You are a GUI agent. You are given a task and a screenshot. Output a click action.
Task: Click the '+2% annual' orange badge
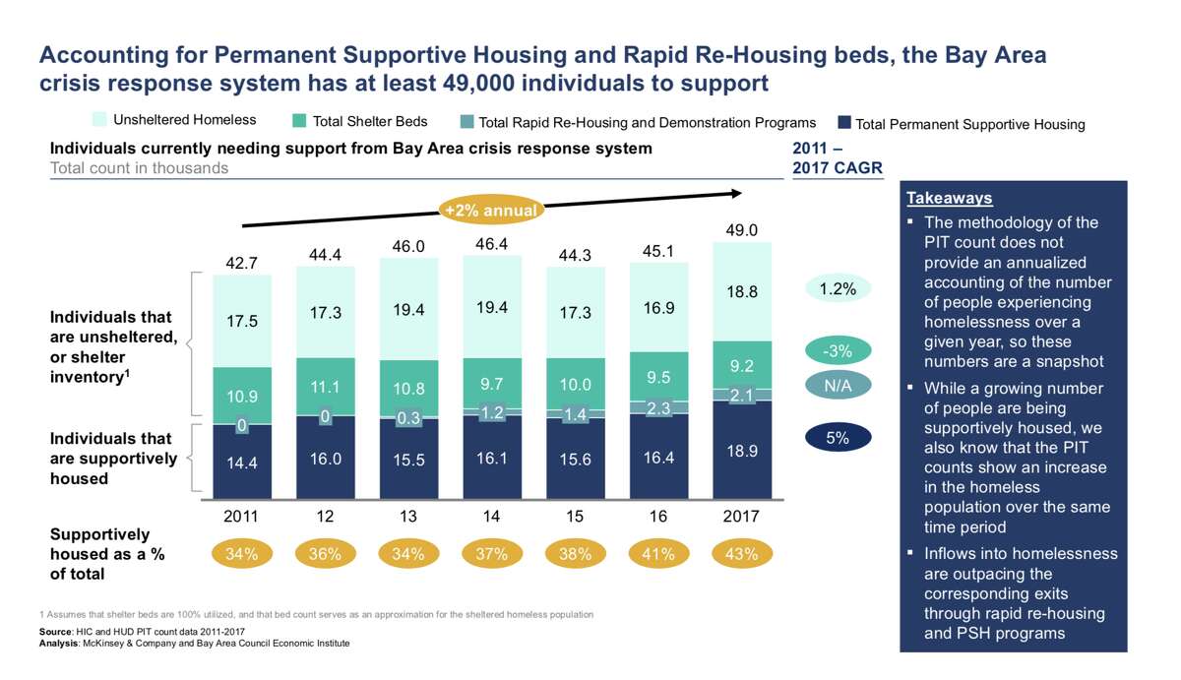(491, 211)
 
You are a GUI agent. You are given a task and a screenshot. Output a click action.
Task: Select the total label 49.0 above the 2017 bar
(741, 230)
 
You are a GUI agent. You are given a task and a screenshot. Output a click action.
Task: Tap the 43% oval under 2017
(741, 554)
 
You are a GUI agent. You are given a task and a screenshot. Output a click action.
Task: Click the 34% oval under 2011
(242, 554)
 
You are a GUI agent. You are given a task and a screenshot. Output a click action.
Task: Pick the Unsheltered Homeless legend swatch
(99, 120)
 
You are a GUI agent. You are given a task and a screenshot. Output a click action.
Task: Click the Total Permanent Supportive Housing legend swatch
(843, 123)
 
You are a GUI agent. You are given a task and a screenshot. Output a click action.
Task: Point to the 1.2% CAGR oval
(838, 289)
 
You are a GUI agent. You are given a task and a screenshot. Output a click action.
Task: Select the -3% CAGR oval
(838, 350)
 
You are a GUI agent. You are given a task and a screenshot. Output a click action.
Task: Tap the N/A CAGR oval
(838, 386)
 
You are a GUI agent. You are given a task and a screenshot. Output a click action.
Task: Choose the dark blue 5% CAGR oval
(838, 438)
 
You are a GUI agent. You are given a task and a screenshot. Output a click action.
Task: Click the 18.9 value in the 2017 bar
(741, 451)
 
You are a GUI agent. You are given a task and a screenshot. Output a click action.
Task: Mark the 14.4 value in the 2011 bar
(242, 463)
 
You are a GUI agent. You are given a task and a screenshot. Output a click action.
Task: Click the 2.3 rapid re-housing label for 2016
(658, 407)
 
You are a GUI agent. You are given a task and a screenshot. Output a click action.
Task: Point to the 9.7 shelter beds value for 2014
(492, 383)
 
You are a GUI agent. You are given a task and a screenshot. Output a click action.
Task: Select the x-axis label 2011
(242, 517)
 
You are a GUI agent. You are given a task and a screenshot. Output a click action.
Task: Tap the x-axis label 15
(575, 517)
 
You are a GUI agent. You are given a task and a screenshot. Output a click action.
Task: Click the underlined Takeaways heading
(949, 199)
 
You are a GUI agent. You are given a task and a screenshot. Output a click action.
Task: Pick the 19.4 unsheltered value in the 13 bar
(408, 310)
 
